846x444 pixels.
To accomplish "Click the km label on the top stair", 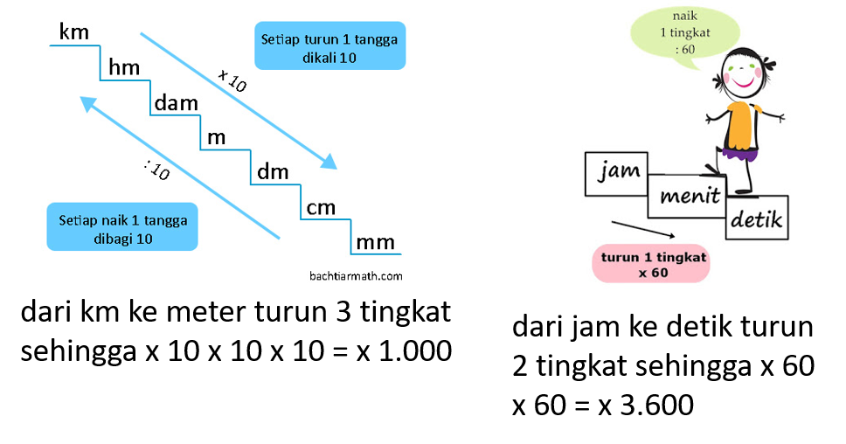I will pos(74,33).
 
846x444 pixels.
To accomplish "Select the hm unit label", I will pos(123,68).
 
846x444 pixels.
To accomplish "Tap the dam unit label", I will pos(176,103).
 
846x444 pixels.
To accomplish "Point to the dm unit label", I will pos(273,171).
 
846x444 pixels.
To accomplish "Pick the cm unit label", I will pos(321,208).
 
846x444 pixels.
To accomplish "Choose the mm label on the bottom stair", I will pos(375,242).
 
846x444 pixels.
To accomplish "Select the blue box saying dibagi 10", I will pos(122,228).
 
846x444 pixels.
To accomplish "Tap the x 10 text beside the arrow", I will pos(233,80).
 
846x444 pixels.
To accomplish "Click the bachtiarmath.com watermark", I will pos(356,275).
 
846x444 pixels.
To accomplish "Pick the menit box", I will pos(690,195).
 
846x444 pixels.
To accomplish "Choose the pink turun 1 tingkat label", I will pos(650,264).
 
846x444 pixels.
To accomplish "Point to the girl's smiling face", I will pos(744,73).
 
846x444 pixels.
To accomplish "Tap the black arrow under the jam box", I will pos(644,229).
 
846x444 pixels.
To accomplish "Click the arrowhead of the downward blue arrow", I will pos(328,161).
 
